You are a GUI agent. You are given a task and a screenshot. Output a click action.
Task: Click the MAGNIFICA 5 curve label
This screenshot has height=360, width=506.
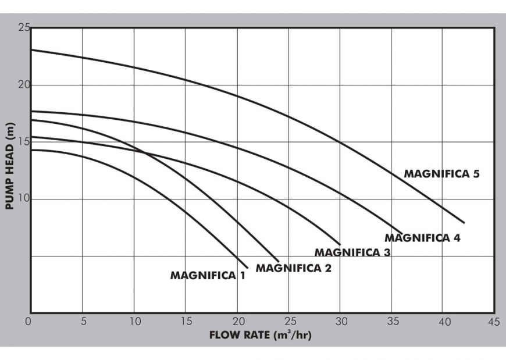pos(441,173)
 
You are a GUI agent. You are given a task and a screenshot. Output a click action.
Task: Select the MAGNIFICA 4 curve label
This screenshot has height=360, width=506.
pos(422,238)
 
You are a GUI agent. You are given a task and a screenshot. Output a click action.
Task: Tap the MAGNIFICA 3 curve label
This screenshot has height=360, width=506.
pos(352,252)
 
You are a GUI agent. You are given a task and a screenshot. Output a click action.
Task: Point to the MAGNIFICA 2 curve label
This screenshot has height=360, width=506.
pos(294,268)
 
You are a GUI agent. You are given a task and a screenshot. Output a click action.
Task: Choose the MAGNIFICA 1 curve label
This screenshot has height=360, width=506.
pos(208,276)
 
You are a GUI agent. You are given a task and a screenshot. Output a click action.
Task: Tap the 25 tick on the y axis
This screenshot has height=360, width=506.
pos(23,28)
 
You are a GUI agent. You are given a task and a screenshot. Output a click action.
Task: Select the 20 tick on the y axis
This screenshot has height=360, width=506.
pos(23,85)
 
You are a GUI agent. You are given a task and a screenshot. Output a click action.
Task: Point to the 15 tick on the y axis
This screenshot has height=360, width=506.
pos(23,142)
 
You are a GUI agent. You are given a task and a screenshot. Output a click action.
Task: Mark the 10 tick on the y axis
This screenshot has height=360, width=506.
pos(23,199)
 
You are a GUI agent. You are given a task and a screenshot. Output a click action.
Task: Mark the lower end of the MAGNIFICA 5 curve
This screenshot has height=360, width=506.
pos(464,223)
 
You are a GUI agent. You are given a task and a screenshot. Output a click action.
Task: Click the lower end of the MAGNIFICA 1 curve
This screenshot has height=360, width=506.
pos(248,268)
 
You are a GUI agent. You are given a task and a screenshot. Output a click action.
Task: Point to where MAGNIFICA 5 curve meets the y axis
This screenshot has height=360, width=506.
pos(31,50)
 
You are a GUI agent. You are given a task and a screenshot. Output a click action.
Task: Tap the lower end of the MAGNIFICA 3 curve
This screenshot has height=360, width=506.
pos(340,244)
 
